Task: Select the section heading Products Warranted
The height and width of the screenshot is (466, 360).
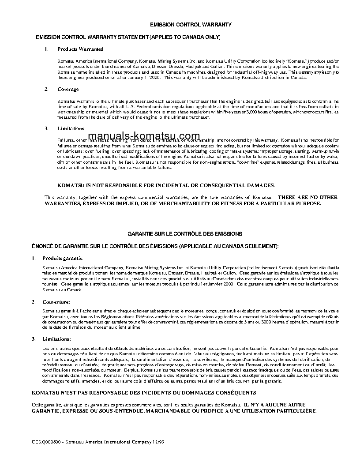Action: (x=80, y=49)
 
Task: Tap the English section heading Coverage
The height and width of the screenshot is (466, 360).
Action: (x=68, y=89)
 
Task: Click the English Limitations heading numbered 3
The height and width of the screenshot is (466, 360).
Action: (x=71, y=128)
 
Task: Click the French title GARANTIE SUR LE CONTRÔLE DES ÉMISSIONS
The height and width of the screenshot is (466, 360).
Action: (x=185, y=233)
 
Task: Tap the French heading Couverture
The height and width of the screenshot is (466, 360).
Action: (x=56, y=302)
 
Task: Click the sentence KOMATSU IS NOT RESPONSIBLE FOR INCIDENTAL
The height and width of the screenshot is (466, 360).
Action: (x=166, y=185)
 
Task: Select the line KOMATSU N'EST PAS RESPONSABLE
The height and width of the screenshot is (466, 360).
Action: (x=144, y=392)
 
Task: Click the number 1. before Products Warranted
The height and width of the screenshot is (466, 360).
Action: (x=46, y=49)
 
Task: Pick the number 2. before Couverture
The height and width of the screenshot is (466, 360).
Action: (x=34, y=302)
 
